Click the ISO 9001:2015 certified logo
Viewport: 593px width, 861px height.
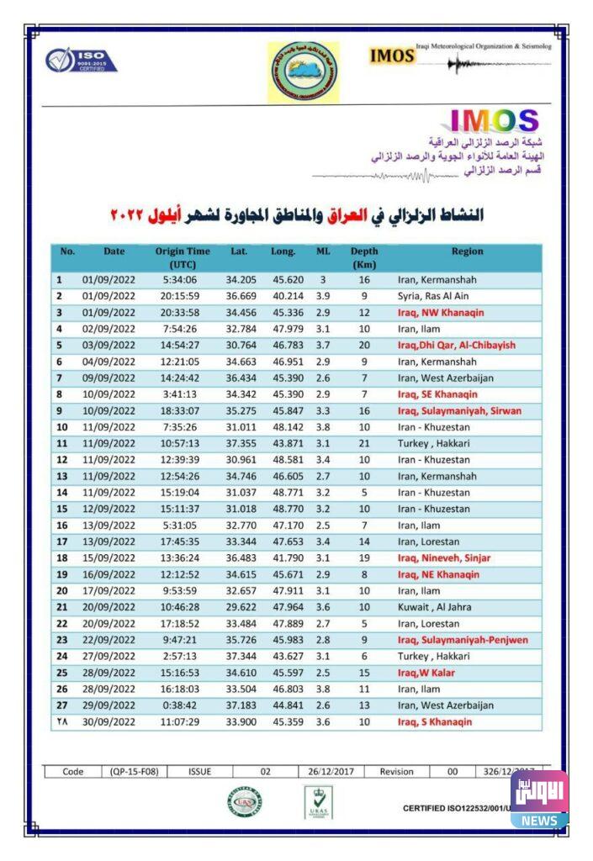coord(81,61)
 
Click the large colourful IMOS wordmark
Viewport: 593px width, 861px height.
coord(495,122)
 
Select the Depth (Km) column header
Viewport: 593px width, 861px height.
coord(364,257)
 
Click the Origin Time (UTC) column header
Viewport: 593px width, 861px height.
coord(183,257)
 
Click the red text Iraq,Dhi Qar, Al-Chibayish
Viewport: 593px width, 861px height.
coord(456,345)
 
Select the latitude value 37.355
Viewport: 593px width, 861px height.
coord(240,443)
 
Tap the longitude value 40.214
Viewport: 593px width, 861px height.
coord(283,296)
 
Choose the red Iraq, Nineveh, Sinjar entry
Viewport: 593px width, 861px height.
coord(443,557)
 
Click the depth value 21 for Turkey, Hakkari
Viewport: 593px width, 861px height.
coord(364,443)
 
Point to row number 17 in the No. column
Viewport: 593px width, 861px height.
coord(61,541)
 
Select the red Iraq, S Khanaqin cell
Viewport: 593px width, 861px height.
coord(435,721)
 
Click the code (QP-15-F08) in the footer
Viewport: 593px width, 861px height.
coord(134,771)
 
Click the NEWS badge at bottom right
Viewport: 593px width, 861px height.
coord(539,821)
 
